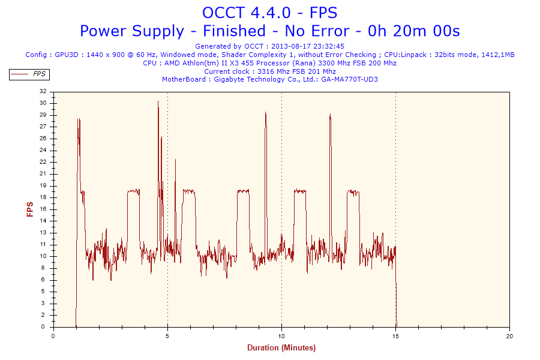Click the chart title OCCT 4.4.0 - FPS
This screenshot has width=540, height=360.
(269, 12)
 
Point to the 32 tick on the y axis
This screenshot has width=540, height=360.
(43, 91)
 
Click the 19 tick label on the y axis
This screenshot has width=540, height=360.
(43, 185)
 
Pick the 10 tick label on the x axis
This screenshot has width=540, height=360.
(281, 337)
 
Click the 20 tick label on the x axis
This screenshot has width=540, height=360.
(509, 337)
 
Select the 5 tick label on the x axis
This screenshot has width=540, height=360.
(167, 337)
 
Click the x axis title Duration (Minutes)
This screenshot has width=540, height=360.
(281, 347)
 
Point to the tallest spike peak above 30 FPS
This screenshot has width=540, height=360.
(158, 101)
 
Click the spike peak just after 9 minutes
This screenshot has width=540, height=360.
(265, 112)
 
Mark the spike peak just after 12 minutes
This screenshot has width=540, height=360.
(330, 115)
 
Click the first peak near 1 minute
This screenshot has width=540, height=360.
(78, 119)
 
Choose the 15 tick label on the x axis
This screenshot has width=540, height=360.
(395, 337)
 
